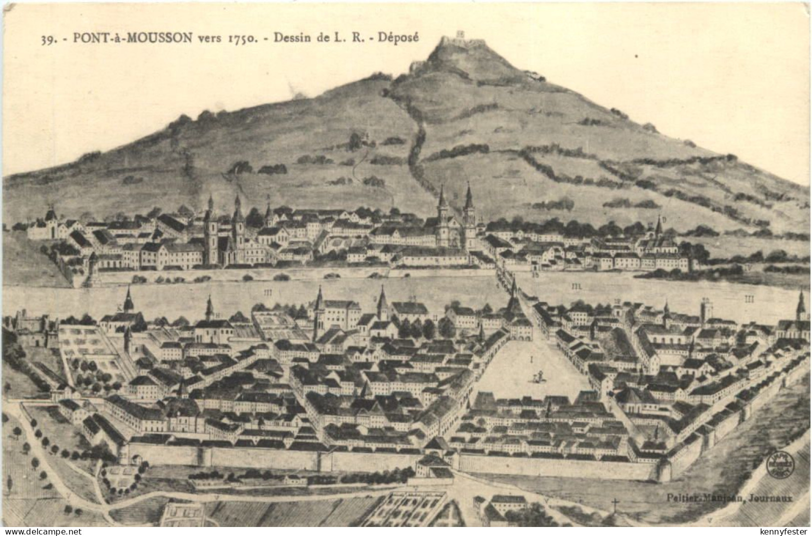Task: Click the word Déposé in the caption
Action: coord(399,37)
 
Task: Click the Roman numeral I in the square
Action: coord(532,358)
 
